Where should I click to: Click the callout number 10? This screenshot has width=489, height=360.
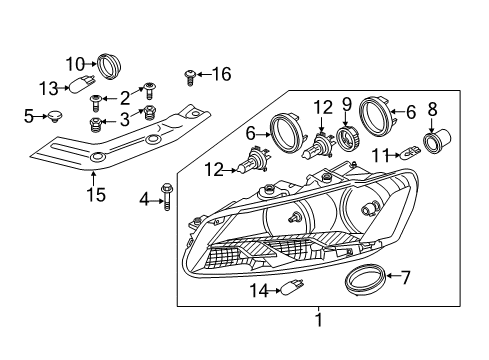[x=75, y=64]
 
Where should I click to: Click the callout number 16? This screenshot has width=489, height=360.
[x=222, y=74]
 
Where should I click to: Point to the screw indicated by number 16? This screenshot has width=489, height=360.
[x=190, y=77]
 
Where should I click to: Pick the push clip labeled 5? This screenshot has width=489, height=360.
[x=55, y=116]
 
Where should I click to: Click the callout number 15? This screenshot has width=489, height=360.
[x=96, y=194]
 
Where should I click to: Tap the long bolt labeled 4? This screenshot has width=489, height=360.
[x=166, y=197]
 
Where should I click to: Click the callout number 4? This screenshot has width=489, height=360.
[x=144, y=200]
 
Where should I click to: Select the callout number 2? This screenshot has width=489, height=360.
[x=125, y=98]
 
